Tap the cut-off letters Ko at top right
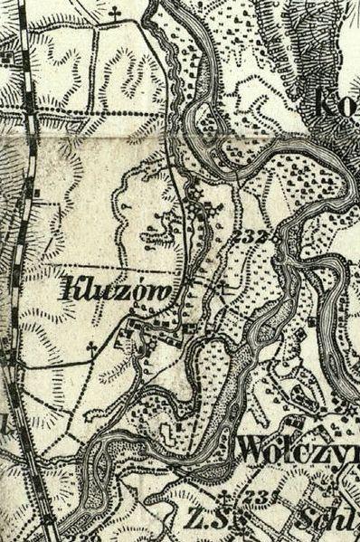coord(339,101)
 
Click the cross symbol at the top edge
coord(114,13)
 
